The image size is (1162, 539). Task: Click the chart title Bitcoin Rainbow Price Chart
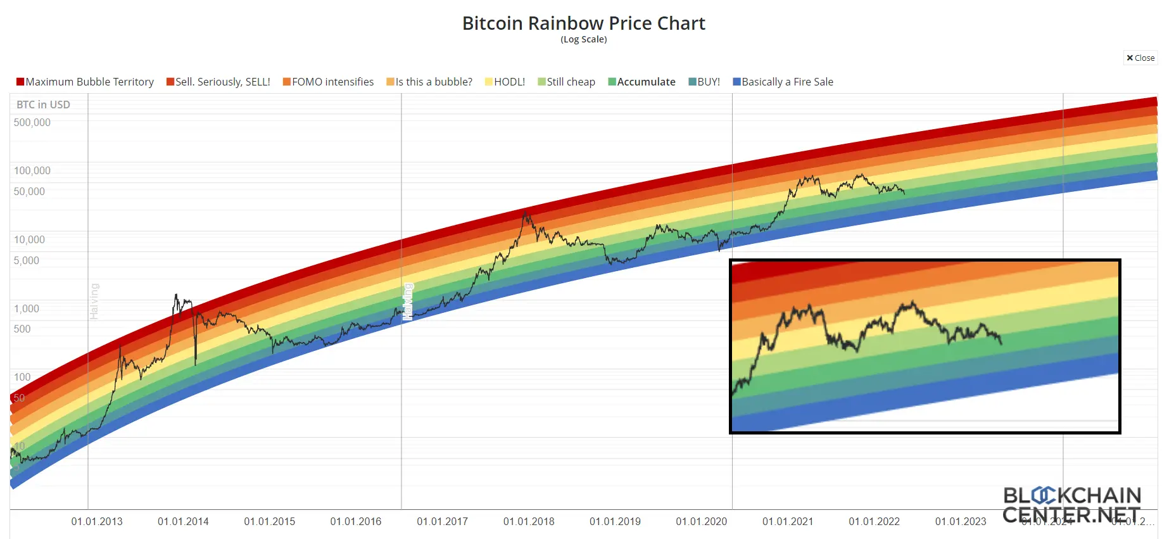583,23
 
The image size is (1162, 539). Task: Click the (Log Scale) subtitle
583,39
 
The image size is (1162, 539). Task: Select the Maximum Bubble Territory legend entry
85,82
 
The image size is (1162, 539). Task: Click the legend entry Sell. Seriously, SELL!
218,82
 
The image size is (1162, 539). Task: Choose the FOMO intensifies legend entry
328,82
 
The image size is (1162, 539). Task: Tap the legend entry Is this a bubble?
429,82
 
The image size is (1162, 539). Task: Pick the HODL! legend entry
505,82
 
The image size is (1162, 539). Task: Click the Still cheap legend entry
566,82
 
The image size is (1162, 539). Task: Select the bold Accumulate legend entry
641,82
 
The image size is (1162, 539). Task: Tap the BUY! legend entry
704,82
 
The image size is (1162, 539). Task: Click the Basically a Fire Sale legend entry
783,82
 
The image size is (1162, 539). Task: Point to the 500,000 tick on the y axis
32,122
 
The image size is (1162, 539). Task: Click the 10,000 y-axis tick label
30,239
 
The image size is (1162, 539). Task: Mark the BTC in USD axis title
43,105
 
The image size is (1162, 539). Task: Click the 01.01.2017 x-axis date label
442,521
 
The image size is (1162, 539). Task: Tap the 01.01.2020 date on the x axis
701,521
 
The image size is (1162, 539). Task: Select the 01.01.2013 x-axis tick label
97,521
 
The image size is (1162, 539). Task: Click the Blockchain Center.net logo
1071,505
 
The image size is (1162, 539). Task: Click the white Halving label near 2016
408,301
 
